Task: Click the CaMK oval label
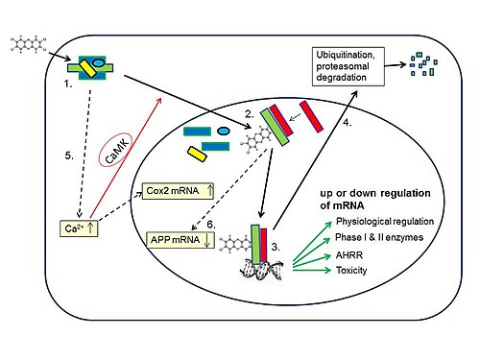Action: (115, 150)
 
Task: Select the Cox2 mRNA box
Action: (178, 191)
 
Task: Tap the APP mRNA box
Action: (180, 240)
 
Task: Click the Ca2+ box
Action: (79, 228)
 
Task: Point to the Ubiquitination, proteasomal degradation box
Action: (348, 66)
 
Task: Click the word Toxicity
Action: (351, 271)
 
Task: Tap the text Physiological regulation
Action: (385, 221)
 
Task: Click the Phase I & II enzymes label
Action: (379, 237)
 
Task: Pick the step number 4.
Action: (348, 122)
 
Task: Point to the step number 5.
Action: (69, 156)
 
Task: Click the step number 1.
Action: (68, 84)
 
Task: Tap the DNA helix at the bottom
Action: (262, 270)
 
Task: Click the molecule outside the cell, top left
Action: (28, 44)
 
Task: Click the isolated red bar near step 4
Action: (311, 116)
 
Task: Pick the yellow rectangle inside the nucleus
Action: (197, 155)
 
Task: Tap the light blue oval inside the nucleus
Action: (224, 131)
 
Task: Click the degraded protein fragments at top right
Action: (423, 64)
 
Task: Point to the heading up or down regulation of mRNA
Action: (375, 199)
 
